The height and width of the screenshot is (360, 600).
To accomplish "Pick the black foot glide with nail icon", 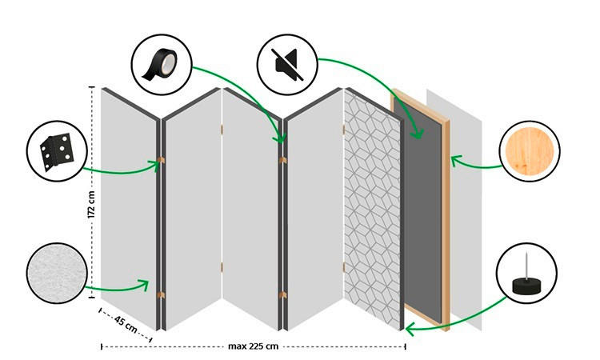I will click(x=526, y=274).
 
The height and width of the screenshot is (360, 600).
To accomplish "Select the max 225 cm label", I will click(x=253, y=346).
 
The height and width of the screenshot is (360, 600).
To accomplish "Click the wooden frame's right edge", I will click(x=446, y=216).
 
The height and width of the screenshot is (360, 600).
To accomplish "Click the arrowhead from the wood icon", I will click(x=454, y=160).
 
